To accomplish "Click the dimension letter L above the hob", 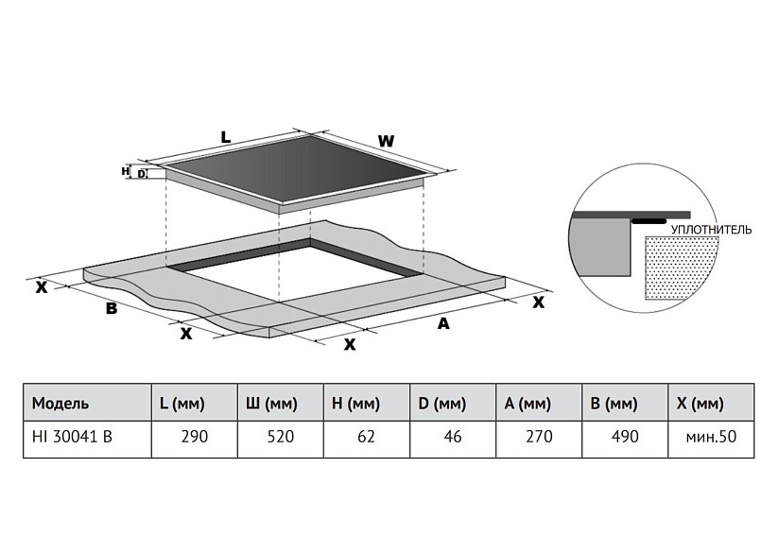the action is pyautogui.click(x=225, y=137).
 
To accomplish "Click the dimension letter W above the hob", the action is pyautogui.click(x=386, y=142).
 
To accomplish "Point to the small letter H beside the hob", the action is pyautogui.click(x=125, y=171).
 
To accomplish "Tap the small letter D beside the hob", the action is pyautogui.click(x=142, y=174).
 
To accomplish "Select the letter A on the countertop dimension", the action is pyautogui.click(x=443, y=323).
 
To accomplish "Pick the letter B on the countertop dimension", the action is pyautogui.click(x=112, y=308).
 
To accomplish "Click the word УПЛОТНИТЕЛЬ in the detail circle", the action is pyautogui.click(x=711, y=230).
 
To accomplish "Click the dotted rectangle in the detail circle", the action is pyautogui.click(x=682, y=268).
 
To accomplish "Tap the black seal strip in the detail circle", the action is pyautogui.click(x=649, y=221).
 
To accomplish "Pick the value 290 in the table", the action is pyautogui.click(x=195, y=437).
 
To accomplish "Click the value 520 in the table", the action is pyautogui.click(x=281, y=437).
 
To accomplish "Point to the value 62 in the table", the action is pyautogui.click(x=366, y=437).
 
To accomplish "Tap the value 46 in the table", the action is pyautogui.click(x=453, y=437).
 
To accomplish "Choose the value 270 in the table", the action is pyautogui.click(x=539, y=437).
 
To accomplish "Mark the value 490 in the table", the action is pyautogui.click(x=625, y=437).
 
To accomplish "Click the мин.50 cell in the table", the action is pyautogui.click(x=711, y=437).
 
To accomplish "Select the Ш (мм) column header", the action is pyautogui.click(x=271, y=404).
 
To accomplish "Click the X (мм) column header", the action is pyautogui.click(x=700, y=404).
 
